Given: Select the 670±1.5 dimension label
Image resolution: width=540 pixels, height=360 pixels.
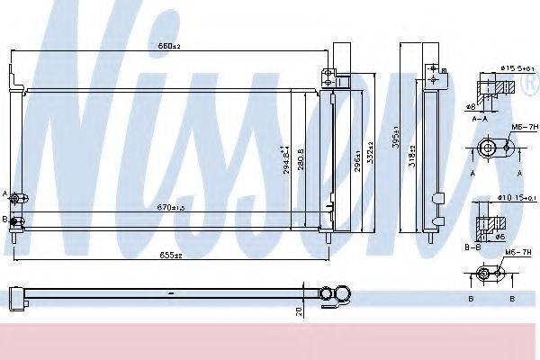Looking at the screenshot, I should point(169,208).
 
